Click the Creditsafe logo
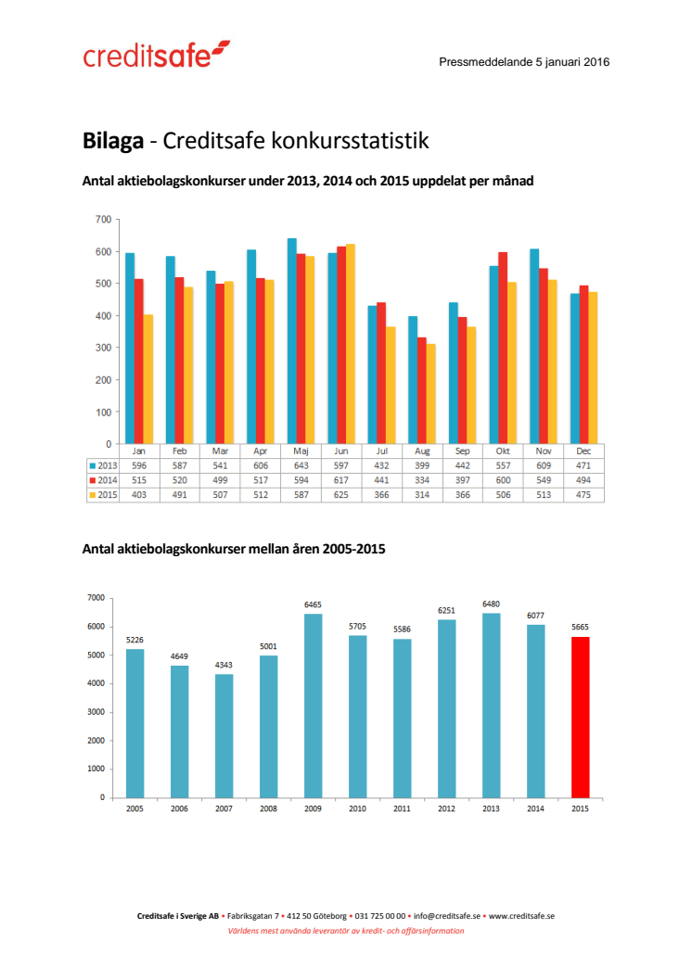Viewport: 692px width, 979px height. [156, 55]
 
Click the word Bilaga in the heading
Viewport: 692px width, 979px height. [112, 141]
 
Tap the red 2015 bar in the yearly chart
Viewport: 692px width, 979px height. [580, 717]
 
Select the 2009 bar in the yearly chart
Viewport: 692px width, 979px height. [313, 706]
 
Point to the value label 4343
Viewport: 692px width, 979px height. [224, 664]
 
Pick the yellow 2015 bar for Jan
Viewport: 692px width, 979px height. [147, 379]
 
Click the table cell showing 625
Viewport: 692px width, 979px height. [341, 495]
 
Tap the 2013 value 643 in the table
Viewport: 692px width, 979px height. [301, 465]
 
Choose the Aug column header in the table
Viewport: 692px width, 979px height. [422, 451]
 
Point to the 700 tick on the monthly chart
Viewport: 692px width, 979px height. [102, 220]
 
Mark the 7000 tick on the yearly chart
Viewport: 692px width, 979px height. [96, 598]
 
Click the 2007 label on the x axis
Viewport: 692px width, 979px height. [224, 808]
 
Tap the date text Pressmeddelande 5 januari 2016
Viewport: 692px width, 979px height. [523, 62]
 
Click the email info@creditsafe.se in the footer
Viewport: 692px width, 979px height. [447, 915]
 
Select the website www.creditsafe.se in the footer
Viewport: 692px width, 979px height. [521, 915]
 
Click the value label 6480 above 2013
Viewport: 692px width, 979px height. [491, 604]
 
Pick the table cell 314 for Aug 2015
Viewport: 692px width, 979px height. [422, 495]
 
